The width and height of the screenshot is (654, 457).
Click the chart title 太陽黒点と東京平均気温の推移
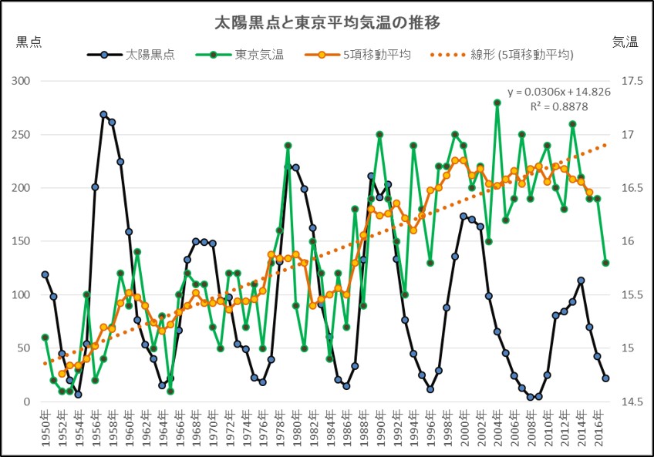(327, 23)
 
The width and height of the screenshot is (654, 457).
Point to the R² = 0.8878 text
(559, 106)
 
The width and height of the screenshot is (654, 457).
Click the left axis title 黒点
(29, 42)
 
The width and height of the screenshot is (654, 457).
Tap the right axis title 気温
(625, 42)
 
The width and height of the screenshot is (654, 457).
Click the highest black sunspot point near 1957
(103, 114)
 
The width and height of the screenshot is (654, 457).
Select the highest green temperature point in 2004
(497, 102)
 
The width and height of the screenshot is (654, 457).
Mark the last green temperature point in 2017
(606, 263)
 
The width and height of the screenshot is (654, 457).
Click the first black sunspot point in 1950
(45, 274)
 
